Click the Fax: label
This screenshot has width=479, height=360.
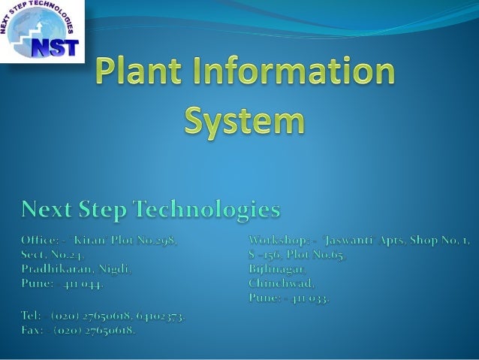[x=31, y=330]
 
